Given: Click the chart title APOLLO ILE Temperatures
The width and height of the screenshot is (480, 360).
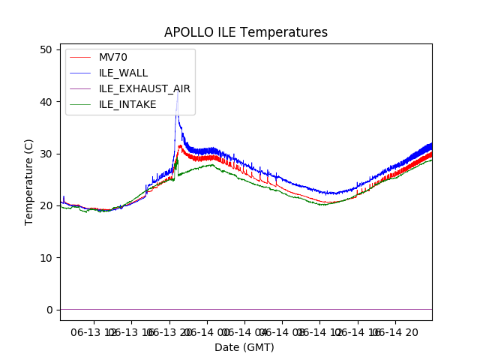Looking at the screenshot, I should pos(246,32).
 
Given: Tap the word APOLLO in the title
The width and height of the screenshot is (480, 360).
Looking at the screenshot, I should pos(188,32).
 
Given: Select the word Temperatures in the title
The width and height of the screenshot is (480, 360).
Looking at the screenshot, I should pos(287,32).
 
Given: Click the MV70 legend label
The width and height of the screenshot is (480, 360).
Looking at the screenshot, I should pos(112,57).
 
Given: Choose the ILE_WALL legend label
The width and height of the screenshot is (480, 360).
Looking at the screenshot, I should pos(123,73).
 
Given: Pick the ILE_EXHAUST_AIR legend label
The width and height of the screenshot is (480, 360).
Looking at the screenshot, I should pos(144,88).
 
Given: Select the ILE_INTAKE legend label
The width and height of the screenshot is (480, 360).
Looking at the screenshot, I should pos(127,104).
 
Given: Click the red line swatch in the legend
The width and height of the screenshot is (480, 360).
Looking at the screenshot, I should pos(82,57).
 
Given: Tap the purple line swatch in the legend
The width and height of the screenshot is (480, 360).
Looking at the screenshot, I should pos(82,88).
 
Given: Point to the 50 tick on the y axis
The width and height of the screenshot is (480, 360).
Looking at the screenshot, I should pos(46,49).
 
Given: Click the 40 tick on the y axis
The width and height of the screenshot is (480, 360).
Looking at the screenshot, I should pos(46,101).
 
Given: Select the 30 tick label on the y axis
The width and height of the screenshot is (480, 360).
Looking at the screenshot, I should pos(46,154).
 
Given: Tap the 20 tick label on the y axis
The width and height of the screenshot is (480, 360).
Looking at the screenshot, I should pos(46,205).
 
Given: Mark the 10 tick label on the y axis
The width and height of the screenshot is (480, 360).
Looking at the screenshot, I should pos(46,257).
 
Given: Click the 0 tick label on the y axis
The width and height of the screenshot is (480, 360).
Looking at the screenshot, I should pos(49,310).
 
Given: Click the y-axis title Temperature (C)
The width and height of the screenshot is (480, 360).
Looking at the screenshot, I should pos(29,181).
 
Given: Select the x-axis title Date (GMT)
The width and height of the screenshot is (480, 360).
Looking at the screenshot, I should pos(244,347).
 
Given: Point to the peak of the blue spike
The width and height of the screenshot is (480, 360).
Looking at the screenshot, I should pos(177,94).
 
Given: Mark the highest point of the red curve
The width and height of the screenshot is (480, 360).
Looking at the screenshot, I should pos(180,145).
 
